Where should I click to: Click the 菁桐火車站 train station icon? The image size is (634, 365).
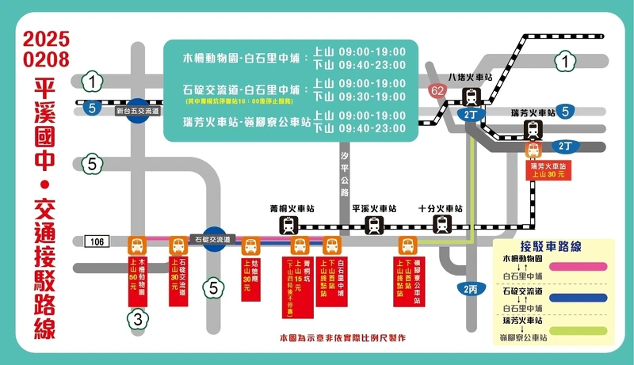click(289, 225)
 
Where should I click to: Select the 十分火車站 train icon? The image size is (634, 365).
click(442, 225)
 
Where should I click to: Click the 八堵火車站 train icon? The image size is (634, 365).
click(472, 97)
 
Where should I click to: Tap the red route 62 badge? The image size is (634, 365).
click(437, 90)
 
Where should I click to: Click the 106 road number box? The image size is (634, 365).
click(95, 240)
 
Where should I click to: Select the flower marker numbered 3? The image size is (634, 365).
click(137, 320)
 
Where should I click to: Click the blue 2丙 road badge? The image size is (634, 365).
click(471, 289)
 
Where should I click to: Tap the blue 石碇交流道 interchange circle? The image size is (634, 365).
click(212, 240)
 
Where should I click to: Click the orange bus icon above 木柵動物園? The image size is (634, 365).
click(136, 245)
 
